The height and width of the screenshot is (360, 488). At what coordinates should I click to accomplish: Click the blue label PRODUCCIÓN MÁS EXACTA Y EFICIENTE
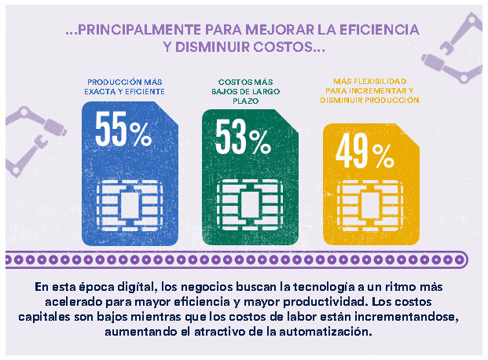[126, 87]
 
